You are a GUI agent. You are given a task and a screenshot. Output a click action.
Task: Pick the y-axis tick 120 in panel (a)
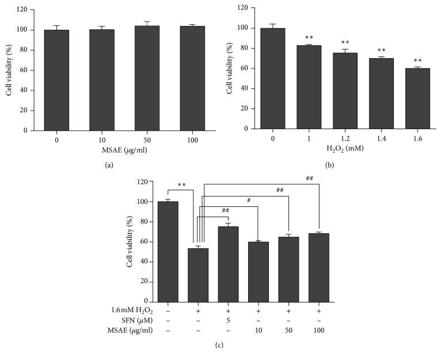(20, 10)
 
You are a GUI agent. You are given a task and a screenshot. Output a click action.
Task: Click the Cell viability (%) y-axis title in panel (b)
(230, 69)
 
